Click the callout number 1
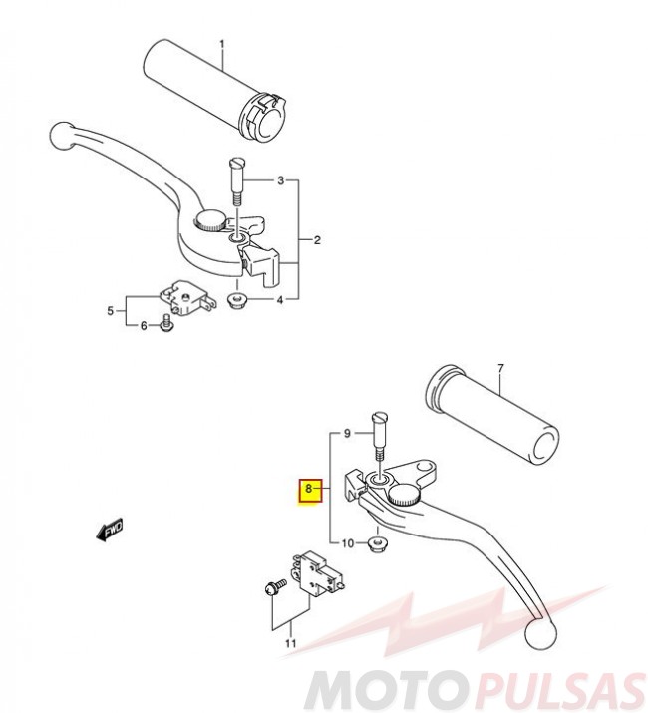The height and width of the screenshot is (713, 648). click(x=222, y=44)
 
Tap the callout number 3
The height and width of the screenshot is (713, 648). click(x=281, y=180)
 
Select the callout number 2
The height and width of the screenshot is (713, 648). click(x=317, y=239)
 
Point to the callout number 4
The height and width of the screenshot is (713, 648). click(x=280, y=300)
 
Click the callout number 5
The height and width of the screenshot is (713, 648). click(x=111, y=311)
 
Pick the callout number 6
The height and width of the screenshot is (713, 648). click(x=144, y=325)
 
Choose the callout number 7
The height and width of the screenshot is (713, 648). click(x=500, y=367)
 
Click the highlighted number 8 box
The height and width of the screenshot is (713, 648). click(x=310, y=492)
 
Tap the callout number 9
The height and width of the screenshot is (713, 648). click(x=347, y=434)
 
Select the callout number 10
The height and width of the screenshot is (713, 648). click(x=347, y=542)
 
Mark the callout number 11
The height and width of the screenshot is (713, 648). click(x=290, y=643)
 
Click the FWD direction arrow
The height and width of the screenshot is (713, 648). click(x=109, y=530)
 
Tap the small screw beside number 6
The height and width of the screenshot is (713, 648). click(x=165, y=322)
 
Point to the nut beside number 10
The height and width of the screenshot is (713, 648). click(x=375, y=543)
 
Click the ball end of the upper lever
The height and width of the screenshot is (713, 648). click(x=62, y=135)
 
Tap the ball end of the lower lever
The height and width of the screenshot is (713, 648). click(x=540, y=633)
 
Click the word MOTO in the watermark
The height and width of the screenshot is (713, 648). click(x=382, y=692)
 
